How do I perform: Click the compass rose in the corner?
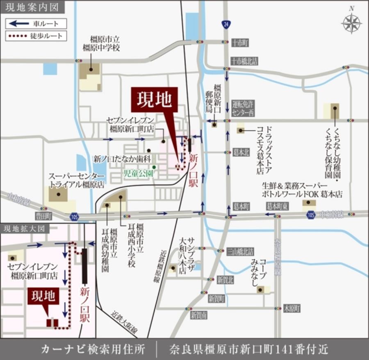351,23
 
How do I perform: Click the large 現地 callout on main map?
154,100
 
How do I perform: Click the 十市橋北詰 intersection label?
244,61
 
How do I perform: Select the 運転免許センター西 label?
243,108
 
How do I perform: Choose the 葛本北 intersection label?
241,152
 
